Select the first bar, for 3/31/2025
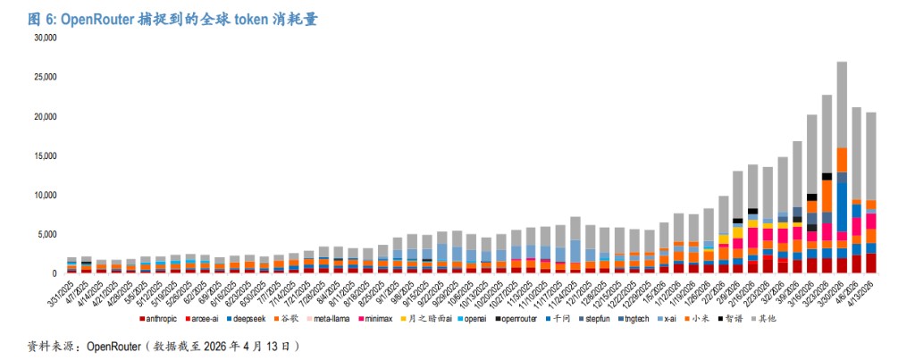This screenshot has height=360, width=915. tap(71, 265)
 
